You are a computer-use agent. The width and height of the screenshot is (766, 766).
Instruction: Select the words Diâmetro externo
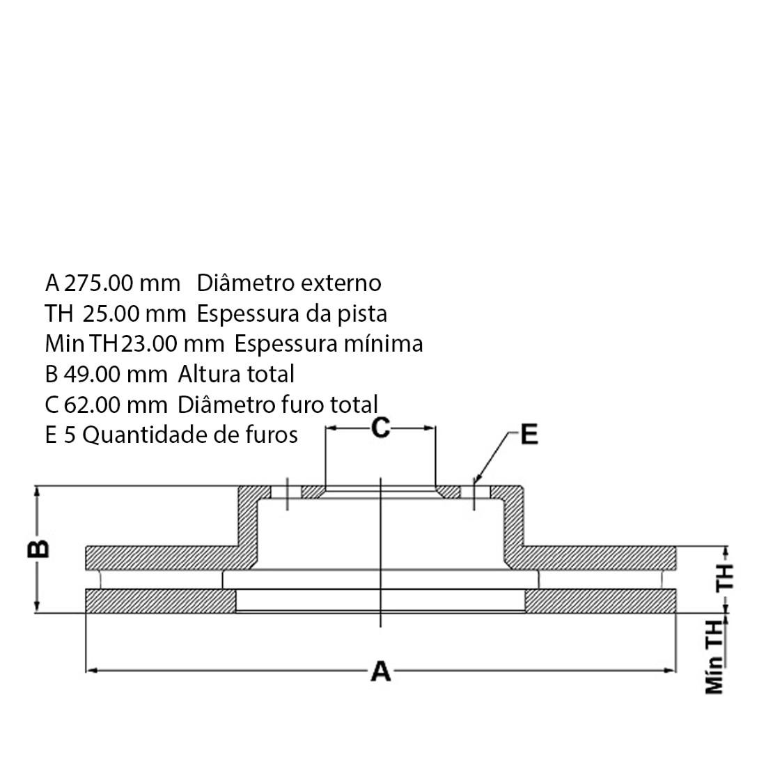coord(289,283)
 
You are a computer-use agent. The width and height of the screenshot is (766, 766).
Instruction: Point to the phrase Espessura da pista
coord(292,314)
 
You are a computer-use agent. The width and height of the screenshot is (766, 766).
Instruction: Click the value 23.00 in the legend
coord(149,344)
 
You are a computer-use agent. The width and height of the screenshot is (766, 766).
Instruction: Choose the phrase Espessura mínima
coord(328,345)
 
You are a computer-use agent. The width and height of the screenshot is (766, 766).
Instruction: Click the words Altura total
coord(236,374)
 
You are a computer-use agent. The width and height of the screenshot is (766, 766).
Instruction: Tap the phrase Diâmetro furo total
coord(277,405)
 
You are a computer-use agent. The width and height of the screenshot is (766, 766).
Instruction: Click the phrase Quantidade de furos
coord(189,435)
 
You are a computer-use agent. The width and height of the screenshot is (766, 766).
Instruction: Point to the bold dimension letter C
coord(380,428)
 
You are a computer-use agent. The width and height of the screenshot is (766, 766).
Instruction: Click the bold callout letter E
coord(529,435)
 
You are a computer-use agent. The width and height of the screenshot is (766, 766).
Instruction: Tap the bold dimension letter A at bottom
coord(380,671)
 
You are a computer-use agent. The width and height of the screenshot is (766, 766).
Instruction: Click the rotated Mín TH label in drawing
coord(714,657)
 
